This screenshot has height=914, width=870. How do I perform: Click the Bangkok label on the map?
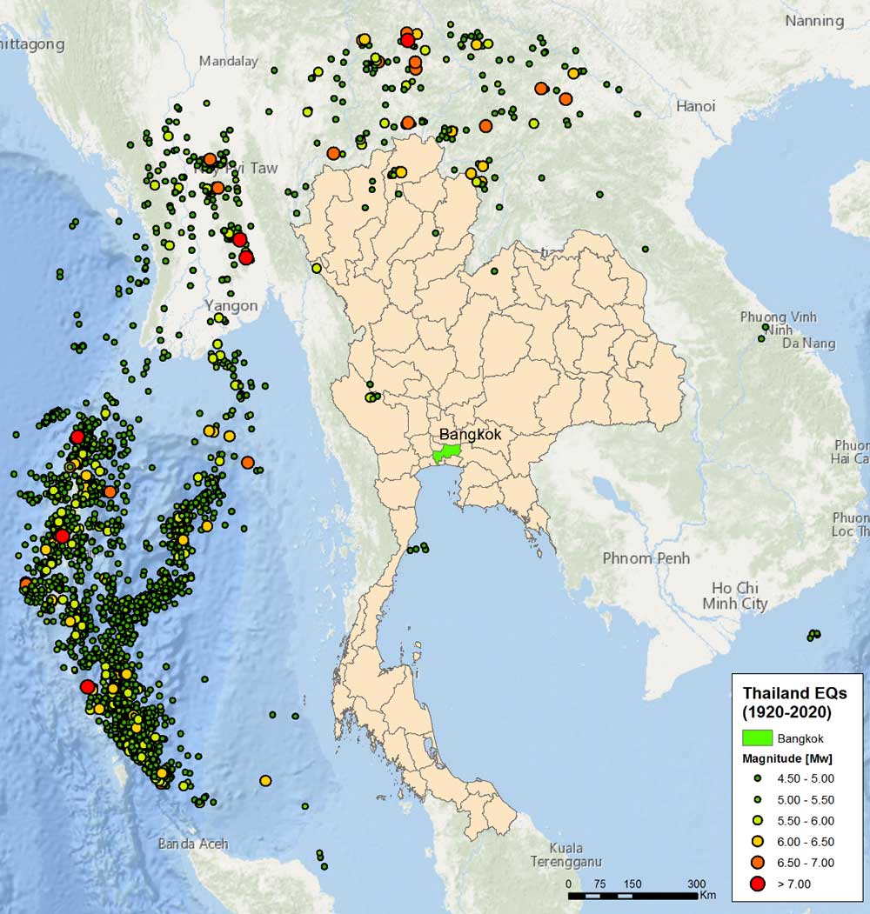[x=470, y=434]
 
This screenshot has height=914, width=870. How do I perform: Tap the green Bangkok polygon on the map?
[x=447, y=453]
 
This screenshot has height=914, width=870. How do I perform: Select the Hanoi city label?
[x=695, y=106]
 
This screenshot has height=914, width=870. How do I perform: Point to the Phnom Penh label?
[x=646, y=557]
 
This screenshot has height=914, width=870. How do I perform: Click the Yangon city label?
[x=231, y=305]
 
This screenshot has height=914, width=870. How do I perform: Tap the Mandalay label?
[x=229, y=61]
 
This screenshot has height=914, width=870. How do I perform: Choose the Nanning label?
[x=814, y=20]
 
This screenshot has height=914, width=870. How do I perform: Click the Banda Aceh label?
[x=193, y=843]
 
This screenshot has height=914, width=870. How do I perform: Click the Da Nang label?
[x=810, y=344]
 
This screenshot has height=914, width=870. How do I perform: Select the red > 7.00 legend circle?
[x=757, y=884]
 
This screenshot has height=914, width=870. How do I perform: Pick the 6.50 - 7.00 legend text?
[x=805, y=863]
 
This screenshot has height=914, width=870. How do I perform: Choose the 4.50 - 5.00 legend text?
[x=805, y=778]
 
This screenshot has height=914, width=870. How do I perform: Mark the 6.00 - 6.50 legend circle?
[x=757, y=841]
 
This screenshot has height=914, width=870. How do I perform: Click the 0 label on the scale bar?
[x=569, y=883]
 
